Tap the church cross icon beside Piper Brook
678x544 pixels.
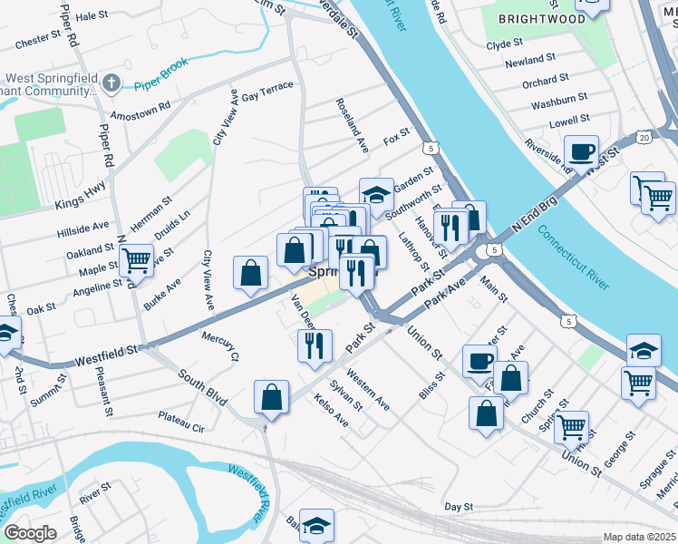(x=111, y=84)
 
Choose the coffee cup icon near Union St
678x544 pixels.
(x=479, y=360)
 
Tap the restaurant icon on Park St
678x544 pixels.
(x=315, y=345)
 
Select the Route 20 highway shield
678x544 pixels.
(x=644, y=136)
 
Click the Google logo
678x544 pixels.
(x=31, y=533)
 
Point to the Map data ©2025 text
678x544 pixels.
(x=639, y=537)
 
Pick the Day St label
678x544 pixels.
(x=459, y=507)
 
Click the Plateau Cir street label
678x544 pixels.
(x=181, y=422)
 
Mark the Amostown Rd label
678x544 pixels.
(x=140, y=111)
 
